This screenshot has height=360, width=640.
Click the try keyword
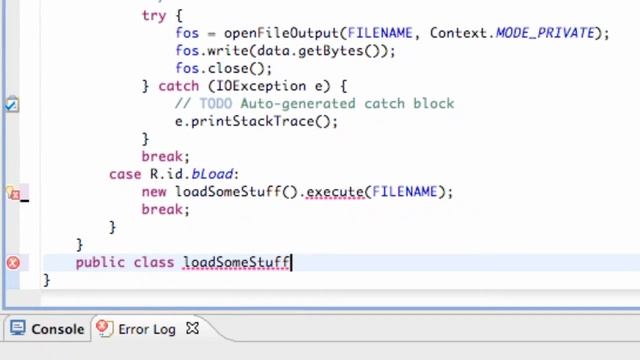(155, 15)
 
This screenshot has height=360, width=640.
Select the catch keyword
(178, 86)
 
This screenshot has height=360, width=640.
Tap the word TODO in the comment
(211, 103)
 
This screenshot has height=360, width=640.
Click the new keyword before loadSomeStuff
(154, 191)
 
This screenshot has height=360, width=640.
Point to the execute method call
(335, 191)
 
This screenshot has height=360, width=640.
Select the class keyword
(153, 262)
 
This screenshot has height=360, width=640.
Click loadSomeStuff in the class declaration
(236, 262)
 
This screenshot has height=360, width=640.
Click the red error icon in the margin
(13, 262)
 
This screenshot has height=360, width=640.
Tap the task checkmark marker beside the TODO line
(11, 104)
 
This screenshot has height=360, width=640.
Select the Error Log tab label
(147, 329)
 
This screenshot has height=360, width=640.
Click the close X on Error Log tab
(193, 328)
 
